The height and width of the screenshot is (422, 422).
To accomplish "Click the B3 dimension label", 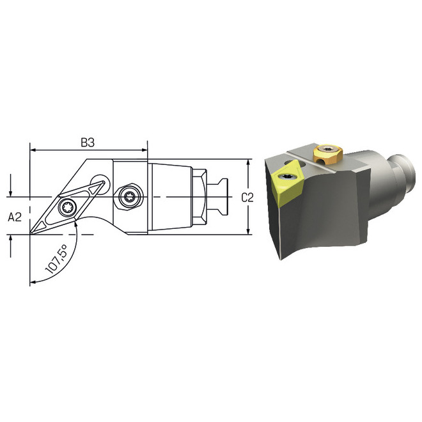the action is coord(88,143).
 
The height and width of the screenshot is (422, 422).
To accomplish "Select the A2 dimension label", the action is coord(15,217).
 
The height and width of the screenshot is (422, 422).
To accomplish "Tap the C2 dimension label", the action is coord(247,198).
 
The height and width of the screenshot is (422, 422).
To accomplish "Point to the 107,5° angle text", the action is coord(56,259).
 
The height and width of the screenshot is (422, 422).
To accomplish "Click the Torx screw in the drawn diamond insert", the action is coord(66,208).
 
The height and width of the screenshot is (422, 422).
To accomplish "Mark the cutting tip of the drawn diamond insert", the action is coord(31,233).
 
